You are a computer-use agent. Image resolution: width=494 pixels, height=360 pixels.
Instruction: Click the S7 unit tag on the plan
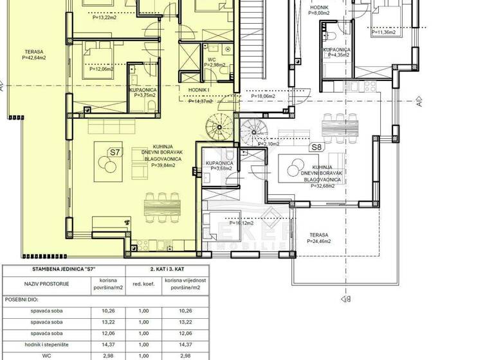114,152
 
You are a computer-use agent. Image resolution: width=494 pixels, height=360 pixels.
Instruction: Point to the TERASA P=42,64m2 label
35,54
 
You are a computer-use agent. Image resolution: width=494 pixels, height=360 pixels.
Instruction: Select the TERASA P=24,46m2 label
318,239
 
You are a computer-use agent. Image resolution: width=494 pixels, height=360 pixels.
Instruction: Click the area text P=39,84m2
163,165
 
